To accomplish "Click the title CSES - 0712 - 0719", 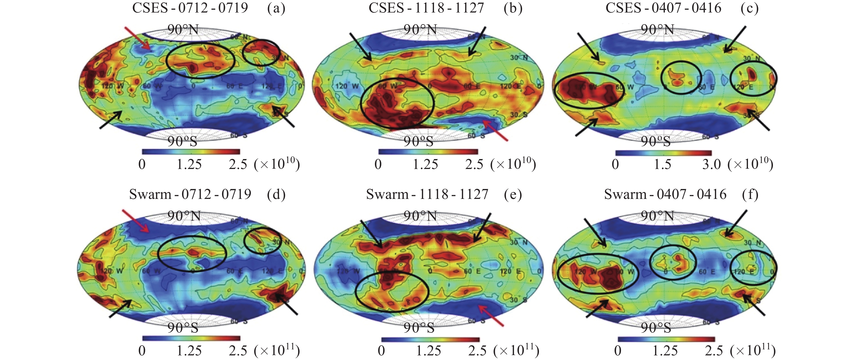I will tap(190, 8).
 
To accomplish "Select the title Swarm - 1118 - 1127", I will tap(427, 194).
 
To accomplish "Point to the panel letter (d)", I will tap(276, 195).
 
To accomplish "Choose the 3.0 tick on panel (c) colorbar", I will tap(711, 164).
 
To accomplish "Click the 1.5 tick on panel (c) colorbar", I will tap(662, 164).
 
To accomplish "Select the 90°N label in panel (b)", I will tap(420, 30).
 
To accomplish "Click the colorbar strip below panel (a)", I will tap(191, 152).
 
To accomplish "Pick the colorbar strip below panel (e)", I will tap(430, 340).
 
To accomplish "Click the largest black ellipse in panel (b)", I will tap(397, 104).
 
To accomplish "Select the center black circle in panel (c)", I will tap(681, 78).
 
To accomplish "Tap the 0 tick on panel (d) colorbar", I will tap(142, 351).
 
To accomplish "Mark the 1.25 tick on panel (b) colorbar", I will tap(425, 164).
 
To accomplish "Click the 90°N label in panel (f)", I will tap(657, 216).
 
